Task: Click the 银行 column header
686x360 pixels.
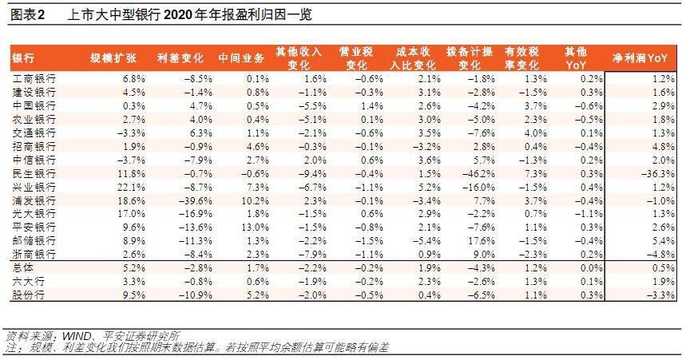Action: (x=23, y=58)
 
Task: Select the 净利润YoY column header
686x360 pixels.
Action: (x=640, y=57)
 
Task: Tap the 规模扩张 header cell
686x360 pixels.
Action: (x=113, y=57)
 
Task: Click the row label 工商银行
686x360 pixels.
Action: (x=34, y=79)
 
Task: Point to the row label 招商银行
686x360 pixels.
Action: (x=34, y=147)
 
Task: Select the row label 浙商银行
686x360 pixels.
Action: (x=34, y=254)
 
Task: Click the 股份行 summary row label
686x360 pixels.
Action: (x=29, y=295)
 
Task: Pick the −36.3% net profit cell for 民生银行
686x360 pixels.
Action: (x=658, y=174)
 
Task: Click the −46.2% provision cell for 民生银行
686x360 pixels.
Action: (x=478, y=174)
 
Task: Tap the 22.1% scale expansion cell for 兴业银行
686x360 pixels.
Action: (x=131, y=188)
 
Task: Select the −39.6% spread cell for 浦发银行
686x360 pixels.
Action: (x=195, y=201)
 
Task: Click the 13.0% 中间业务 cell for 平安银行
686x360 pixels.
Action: (x=255, y=227)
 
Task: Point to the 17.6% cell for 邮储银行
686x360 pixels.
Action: (x=482, y=241)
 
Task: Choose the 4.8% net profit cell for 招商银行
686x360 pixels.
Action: (x=664, y=147)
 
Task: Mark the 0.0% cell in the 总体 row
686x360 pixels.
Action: (x=591, y=267)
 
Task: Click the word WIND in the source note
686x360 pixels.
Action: (x=77, y=336)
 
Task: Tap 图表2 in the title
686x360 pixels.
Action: (x=28, y=15)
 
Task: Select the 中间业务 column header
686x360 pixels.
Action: (x=241, y=57)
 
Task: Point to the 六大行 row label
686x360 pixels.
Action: (x=29, y=281)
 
